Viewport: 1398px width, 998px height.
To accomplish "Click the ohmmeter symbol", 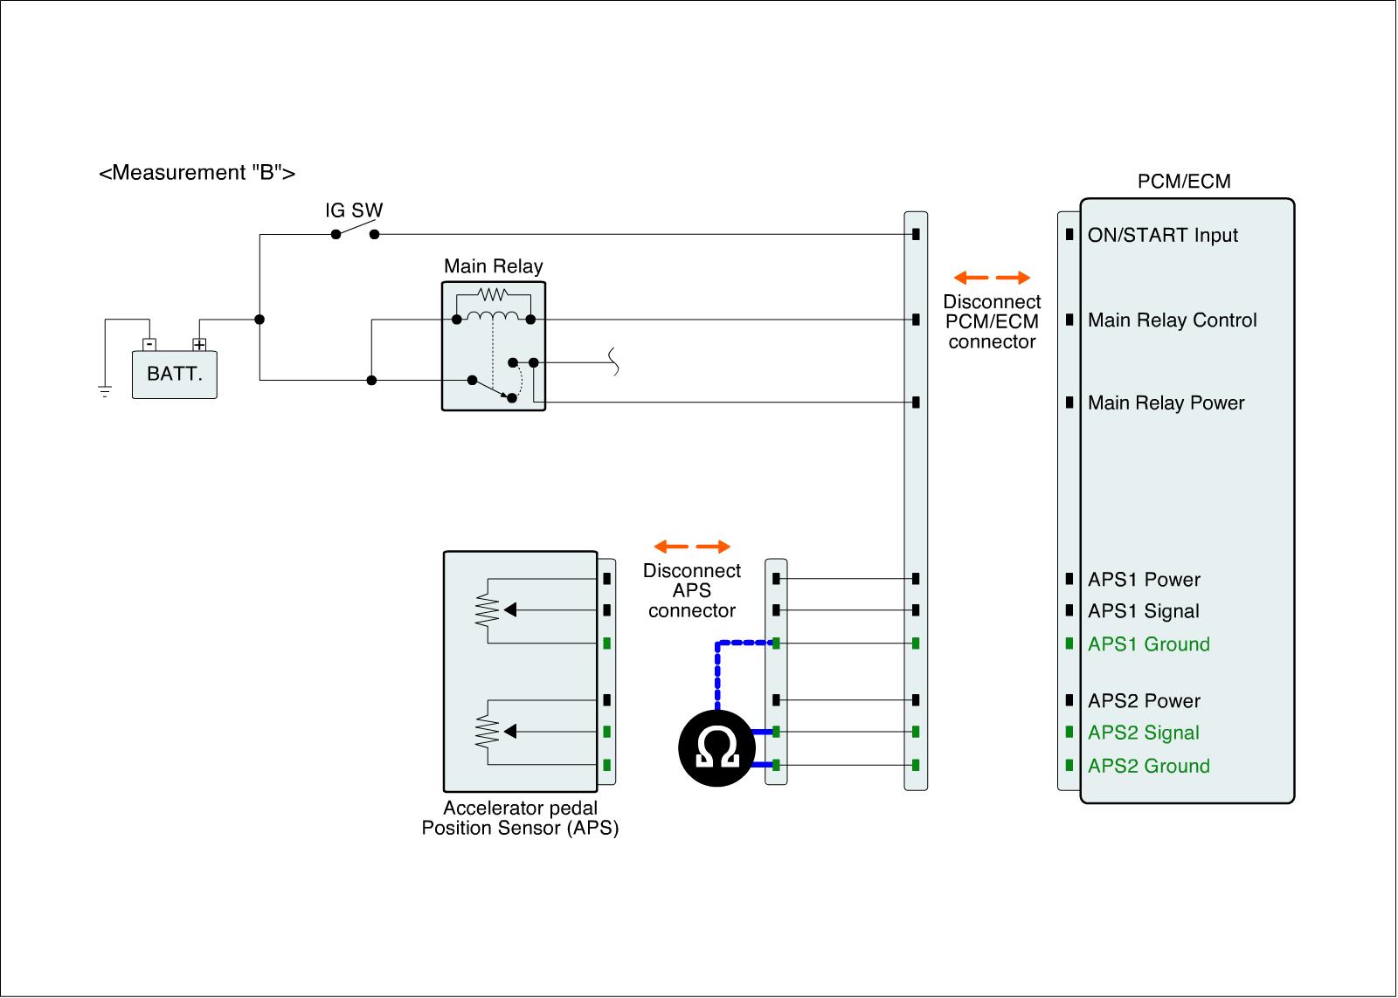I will click(717, 748).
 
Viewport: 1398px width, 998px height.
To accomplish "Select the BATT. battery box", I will click(175, 375).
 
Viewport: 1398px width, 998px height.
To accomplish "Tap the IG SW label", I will click(354, 210).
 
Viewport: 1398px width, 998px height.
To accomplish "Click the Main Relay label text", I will click(493, 266).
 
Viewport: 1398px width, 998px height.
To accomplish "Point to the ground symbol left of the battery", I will click(105, 391).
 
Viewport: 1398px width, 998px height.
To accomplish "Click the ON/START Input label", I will click(1162, 235).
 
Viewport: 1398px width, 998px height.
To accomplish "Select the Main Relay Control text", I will click(1172, 320).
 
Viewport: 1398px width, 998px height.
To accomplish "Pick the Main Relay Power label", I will click(1166, 403).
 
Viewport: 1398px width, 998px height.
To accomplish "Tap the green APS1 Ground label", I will click(1148, 644).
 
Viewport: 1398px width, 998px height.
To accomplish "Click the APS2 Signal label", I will click(1143, 733).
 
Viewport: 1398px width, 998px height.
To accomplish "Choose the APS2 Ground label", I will click(1148, 766).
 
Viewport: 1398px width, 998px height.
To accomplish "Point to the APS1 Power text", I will click(1144, 580).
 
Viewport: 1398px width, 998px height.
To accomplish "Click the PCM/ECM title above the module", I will click(1184, 182).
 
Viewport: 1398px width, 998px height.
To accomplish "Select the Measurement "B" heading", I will click(197, 173).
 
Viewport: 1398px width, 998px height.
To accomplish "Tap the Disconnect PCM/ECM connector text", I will click(992, 322).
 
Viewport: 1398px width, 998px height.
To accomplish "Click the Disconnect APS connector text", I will click(692, 590).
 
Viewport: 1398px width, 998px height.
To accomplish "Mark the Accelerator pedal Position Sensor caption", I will click(520, 818).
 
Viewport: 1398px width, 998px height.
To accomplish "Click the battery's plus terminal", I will click(199, 344).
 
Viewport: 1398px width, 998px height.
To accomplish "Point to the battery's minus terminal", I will click(149, 344).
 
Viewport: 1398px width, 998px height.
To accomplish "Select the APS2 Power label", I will click(1144, 701).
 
